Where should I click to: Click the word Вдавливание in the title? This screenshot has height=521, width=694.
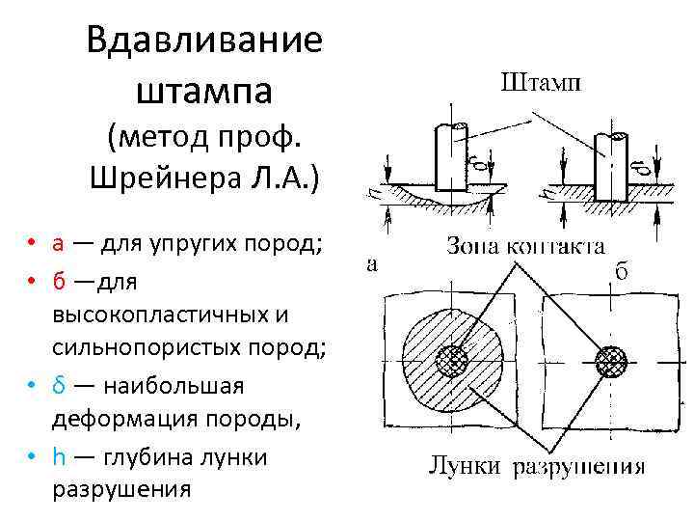tap(204, 41)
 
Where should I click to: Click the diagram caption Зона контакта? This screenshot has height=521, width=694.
tap(525, 246)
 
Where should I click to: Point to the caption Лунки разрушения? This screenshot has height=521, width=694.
tap(536, 470)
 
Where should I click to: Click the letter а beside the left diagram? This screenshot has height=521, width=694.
tap(372, 262)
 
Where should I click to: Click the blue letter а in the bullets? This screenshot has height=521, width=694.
tap(58, 241)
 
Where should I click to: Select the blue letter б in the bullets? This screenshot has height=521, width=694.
tap(58, 281)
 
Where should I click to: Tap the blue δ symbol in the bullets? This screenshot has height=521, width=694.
tap(58, 386)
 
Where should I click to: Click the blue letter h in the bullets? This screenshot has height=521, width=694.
tap(58, 456)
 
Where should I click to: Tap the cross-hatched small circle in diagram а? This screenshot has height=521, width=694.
tap(451, 363)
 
